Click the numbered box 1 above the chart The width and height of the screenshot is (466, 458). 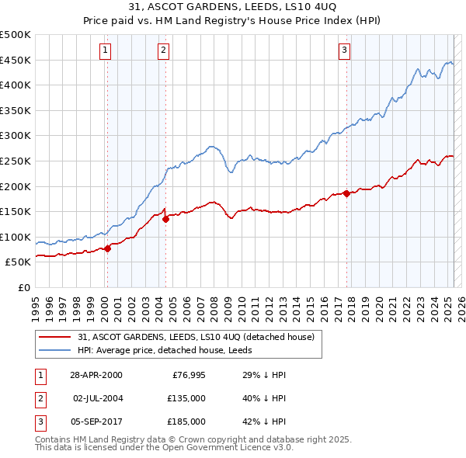tap(105, 51)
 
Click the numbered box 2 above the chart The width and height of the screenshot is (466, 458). tap(164, 51)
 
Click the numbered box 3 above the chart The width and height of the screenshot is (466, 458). tap(344, 51)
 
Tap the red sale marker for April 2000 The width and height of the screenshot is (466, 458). tap(107, 248)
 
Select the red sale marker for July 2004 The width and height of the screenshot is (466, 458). tap(165, 219)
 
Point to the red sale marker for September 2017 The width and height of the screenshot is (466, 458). tap(346, 193)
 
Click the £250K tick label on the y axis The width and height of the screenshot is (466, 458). tap(16, 161)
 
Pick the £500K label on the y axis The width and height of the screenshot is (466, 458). tap(16, 35)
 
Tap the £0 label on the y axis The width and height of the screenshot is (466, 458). tap(24, 287)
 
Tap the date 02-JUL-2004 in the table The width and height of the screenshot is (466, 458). tap(97, 398)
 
